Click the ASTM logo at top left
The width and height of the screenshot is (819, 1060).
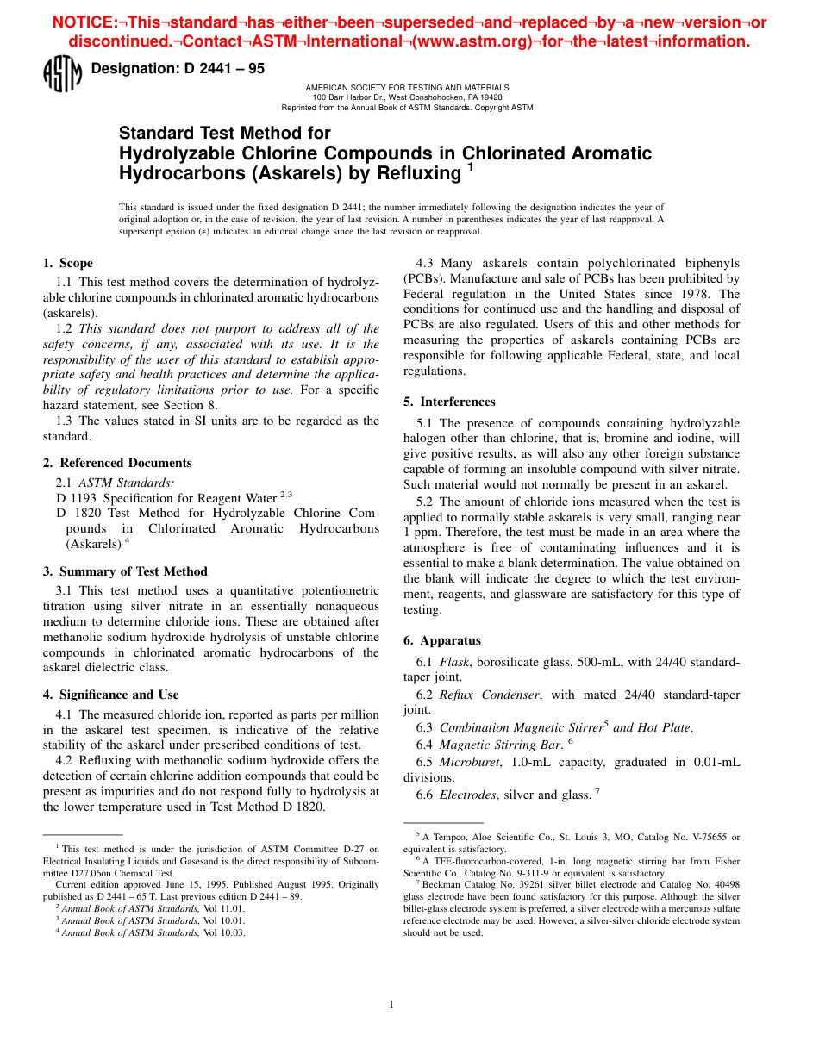[61, 75]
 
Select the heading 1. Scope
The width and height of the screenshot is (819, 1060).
[68, 264]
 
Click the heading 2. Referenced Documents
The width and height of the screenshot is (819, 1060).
[117, 463]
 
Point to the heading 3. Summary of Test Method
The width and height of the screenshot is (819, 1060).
[125, 571]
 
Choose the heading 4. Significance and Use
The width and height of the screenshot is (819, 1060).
[110, 695]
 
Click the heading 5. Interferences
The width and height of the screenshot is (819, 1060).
[449, 402]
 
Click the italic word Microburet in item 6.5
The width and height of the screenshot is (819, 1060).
[470, 762]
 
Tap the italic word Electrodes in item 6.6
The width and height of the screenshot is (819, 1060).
[468, 795]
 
